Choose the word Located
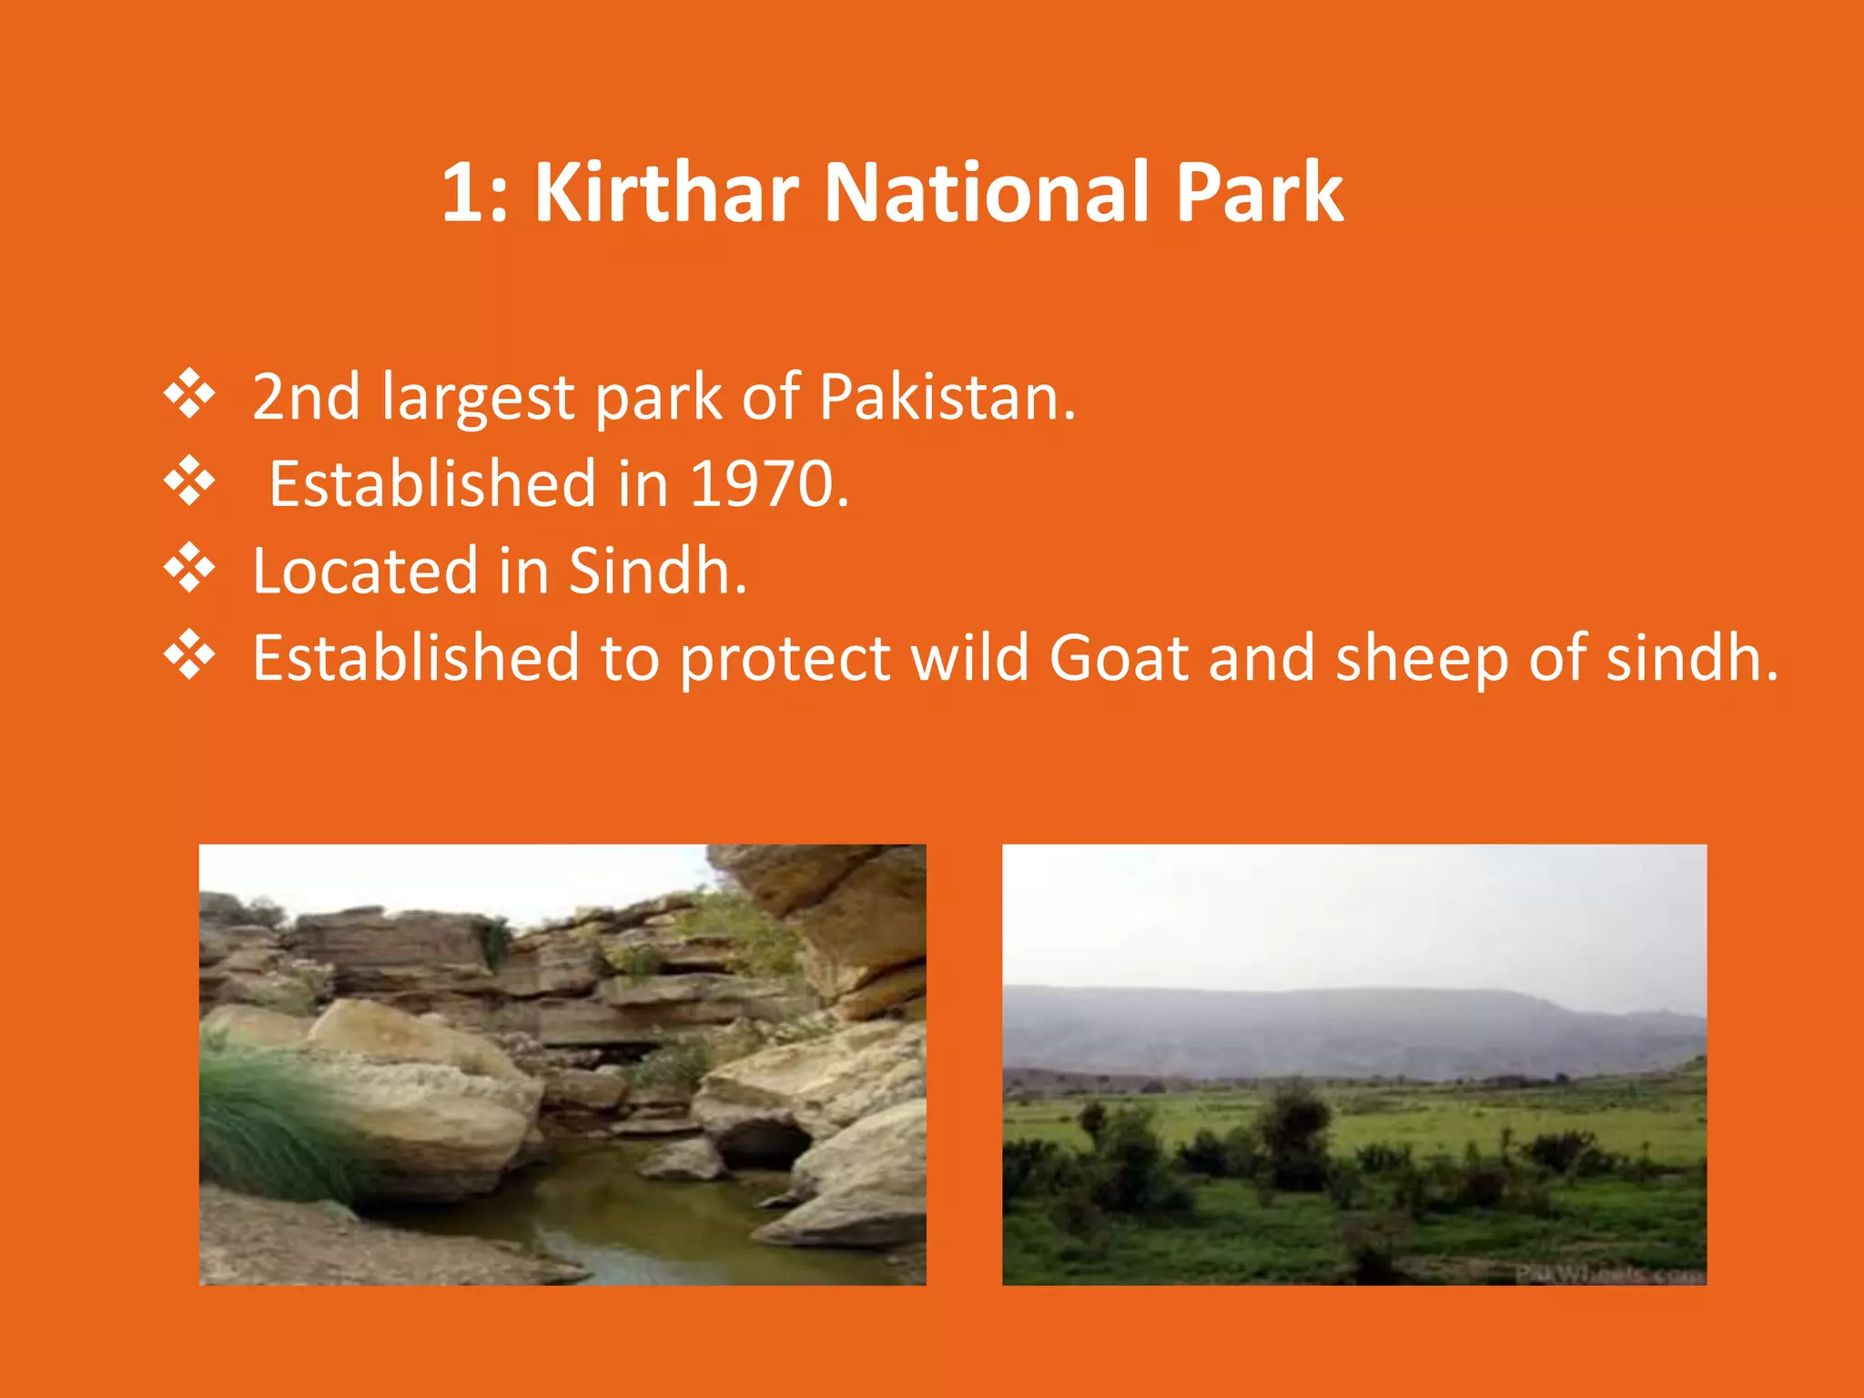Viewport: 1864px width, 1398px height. [365, 571]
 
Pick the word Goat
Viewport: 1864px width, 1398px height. [1119, 657]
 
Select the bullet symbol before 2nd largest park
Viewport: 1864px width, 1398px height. [189, 395]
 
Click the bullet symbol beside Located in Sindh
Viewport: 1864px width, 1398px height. [189, 568]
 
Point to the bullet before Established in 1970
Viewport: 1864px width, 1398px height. [189, 481]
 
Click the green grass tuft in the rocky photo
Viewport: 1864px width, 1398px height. [264, 1119]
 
